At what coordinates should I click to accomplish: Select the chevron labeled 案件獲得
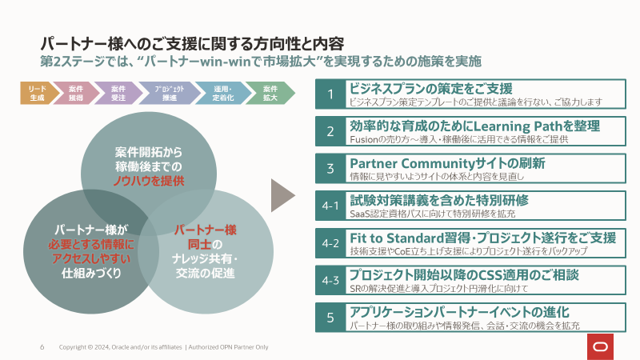click(x=77, y=93)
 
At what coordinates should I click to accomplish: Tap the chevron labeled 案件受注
click(x=118, y=93)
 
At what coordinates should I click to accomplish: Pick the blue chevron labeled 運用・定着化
click(x=222, y=93)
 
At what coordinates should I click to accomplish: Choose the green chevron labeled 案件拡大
click(x=270, y=93)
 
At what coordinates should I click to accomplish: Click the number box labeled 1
click(x=330, y=95)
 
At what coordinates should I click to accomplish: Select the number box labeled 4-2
click(x=330, y=242)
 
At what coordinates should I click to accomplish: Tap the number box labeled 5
click(x=330, y=318)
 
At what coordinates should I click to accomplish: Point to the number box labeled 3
click(x=330, y=168)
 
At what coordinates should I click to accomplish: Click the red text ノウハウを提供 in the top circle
click(x=149, y=182)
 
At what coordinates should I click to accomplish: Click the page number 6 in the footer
click(x=42, y=347)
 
